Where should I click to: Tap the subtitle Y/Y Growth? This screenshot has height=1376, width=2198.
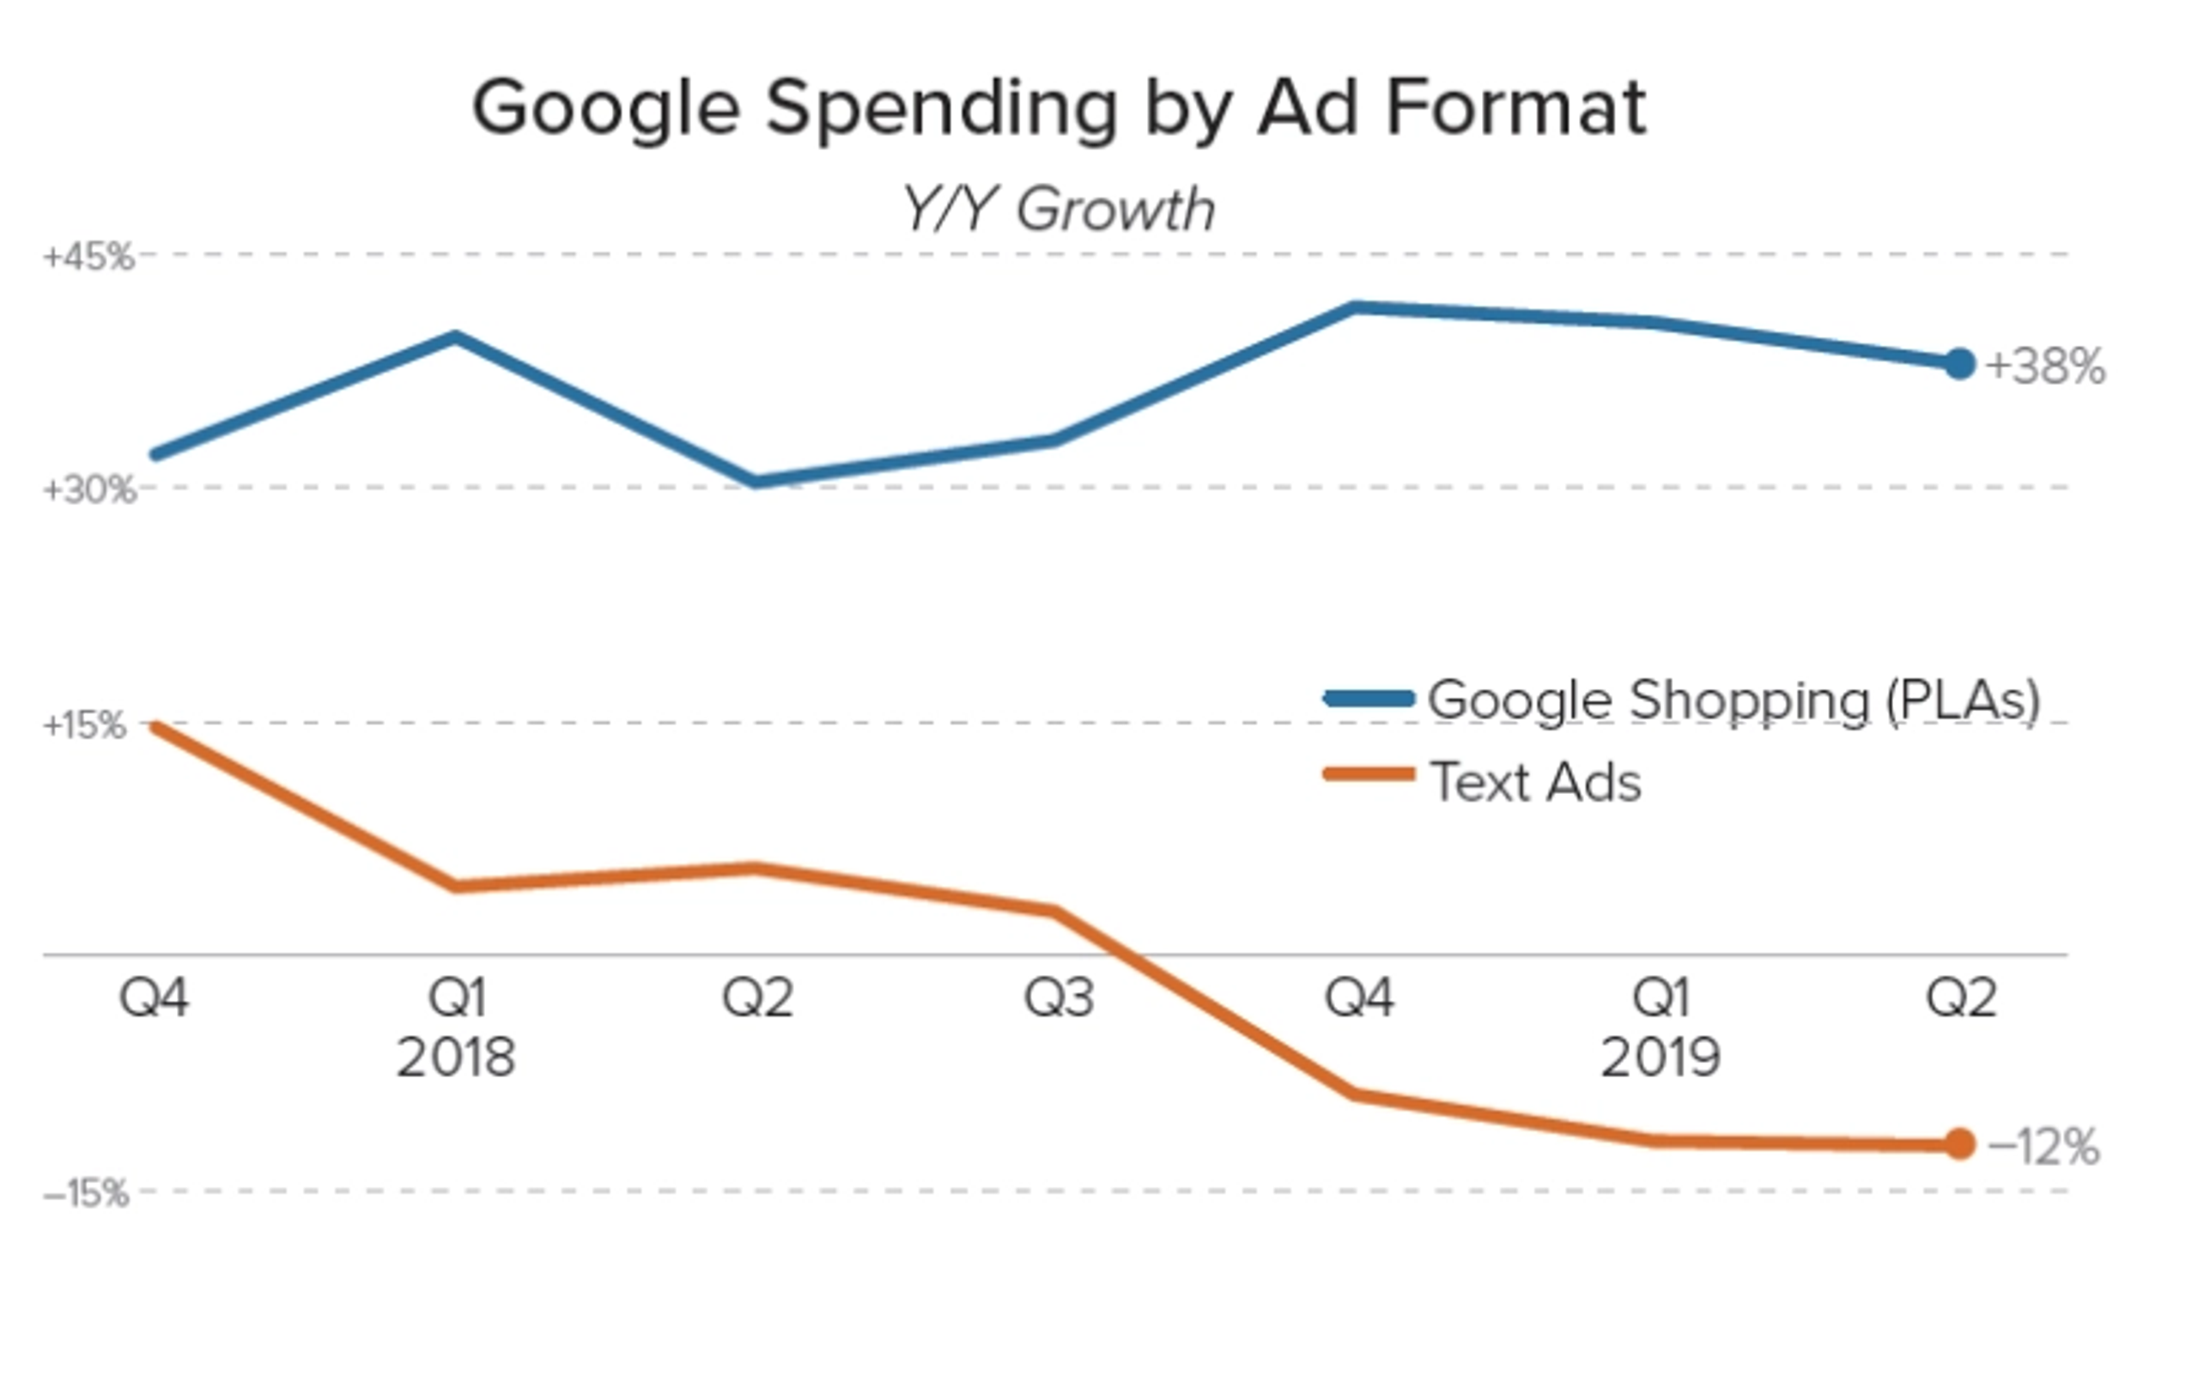click(x=1059, y=209)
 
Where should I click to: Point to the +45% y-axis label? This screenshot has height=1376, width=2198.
click(x=88, y=258)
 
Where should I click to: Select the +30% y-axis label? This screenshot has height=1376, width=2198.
click(x=89, y=490)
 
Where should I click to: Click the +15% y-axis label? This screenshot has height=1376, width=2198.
click(x=85, y=726)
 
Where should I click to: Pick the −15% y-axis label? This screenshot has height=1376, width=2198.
click(x=87, y=1193)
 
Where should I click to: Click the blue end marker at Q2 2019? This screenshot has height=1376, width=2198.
click(x=1959, y=364)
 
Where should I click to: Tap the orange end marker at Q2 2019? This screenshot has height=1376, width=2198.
click(x=1959, y=1144)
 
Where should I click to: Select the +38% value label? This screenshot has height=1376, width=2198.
click(x=2045, y=367)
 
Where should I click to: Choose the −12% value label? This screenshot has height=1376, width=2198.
click(x=2043, y=1147)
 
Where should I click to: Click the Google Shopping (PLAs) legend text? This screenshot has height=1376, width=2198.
click(x=1734, y=700)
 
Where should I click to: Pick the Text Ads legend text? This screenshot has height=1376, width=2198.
click(x=1535, y=782)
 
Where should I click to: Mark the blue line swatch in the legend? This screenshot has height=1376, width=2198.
click(x=1369, y=699)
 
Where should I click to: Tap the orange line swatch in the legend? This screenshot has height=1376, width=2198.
click(x=1369, y=774)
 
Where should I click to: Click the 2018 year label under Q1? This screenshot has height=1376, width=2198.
click(x=456, y=1058)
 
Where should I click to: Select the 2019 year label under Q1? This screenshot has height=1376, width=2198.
click(x=1661, y=1058)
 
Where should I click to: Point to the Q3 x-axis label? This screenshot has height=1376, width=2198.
click(x=1059, y=997)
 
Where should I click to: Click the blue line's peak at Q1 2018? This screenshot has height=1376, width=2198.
click(x=456, y=337)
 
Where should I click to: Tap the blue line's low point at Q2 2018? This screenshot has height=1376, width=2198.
click(x=756, y=482)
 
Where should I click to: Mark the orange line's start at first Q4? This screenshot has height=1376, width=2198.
click(x=156, y=726)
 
